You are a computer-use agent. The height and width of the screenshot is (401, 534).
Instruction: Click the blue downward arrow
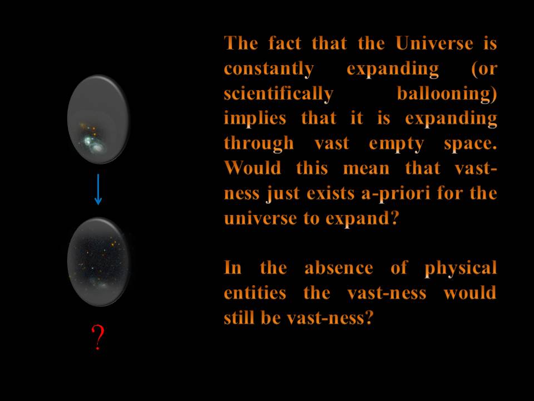98,189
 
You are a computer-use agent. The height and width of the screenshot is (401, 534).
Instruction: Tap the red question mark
98,338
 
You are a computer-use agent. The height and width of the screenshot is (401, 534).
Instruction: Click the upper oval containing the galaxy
98,119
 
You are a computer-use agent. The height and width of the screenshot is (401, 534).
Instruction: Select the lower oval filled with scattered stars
98,262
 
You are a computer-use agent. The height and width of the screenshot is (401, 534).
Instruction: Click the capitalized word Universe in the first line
434,43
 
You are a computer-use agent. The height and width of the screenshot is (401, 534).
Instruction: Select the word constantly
269,69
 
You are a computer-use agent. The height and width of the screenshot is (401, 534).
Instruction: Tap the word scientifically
278,94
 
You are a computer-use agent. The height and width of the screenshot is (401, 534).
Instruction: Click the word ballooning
447,94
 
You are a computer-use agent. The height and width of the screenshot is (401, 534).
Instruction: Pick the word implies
255,119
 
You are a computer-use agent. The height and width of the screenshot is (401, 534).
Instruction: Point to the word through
259,144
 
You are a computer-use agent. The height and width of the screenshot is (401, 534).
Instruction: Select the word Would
253,168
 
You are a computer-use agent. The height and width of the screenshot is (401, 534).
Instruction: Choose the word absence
339,268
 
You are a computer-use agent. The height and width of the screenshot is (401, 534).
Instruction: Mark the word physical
461,268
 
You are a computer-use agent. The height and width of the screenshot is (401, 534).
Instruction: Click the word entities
255,293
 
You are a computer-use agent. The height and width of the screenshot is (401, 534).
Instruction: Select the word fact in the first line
285,43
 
